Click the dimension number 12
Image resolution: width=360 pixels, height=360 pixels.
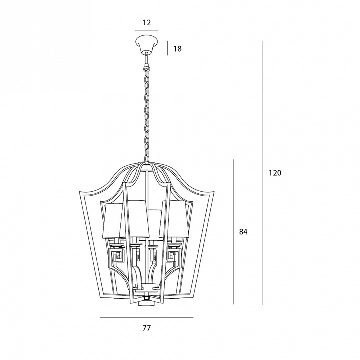147,23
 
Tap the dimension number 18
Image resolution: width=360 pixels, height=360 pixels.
177,49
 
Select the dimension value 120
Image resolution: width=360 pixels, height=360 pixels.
275,173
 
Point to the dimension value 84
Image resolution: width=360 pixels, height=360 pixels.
243,232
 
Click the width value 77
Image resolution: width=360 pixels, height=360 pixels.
147,328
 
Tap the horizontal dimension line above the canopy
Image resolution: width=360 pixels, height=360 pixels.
147,31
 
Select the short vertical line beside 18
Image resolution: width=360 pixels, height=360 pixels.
167,48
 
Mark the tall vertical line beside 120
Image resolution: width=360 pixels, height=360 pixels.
262,173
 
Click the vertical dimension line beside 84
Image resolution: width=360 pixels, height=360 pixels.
233,232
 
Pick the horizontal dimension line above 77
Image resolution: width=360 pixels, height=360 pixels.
147,318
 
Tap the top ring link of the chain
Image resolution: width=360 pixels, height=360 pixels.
146,69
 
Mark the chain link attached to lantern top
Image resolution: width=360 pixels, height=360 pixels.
146,158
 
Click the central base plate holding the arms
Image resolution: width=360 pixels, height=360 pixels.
147,288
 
